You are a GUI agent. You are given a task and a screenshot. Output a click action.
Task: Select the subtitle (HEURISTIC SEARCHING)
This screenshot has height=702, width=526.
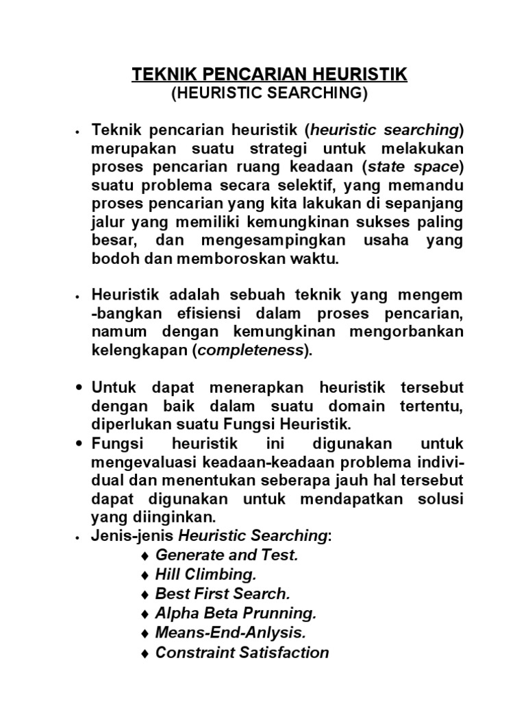(x=269, y=95)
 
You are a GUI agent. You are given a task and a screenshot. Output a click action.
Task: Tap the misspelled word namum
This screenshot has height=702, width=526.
(x=113, y=332)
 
